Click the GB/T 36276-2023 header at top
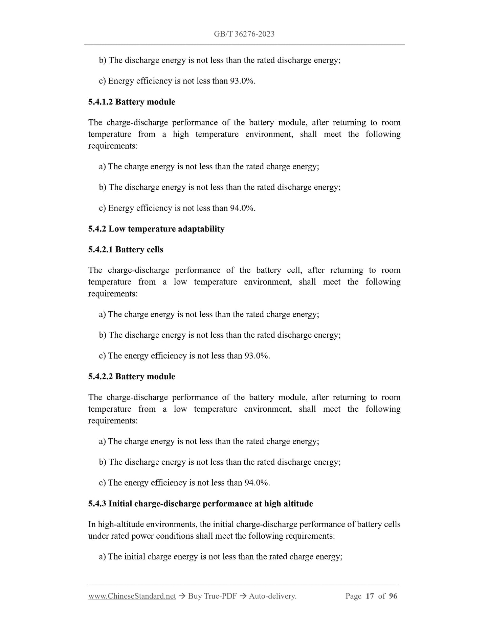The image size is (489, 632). tap(244, 34)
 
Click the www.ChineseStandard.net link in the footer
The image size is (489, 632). tap(132, 596)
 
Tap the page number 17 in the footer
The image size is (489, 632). tap(370, 596)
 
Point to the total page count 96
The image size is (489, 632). tap(393, 596)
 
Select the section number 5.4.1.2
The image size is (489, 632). tap(101, 102)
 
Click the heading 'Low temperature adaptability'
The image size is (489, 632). tap(166, 229)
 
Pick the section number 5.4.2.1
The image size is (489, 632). tap(101, 250)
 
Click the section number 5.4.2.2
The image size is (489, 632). tap(101, 377)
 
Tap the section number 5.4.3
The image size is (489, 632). tap(97, 504)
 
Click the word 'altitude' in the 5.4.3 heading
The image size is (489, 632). tap(298, 504)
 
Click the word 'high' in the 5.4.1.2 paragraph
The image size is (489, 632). tap(181, 135)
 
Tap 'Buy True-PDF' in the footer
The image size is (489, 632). tap(212, 596)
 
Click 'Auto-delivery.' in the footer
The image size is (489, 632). tap(272, 596)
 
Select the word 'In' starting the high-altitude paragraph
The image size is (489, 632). tap(92, 525)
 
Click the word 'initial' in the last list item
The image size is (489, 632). tap(135, 557)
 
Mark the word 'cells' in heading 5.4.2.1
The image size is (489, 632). tap(155, 250)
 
